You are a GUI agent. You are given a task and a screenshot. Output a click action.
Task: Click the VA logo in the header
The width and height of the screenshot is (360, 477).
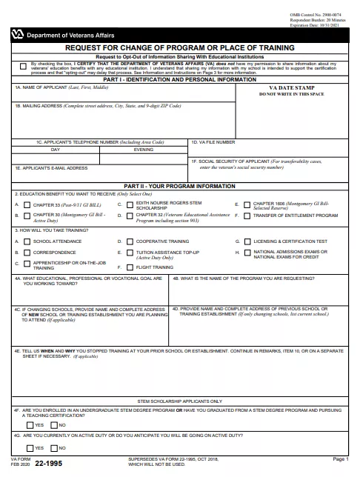17,35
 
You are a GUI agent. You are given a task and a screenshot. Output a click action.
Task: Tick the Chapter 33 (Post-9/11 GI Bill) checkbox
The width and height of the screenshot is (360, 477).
27,204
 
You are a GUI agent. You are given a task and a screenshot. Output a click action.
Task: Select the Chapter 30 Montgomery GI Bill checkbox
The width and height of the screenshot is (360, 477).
27,216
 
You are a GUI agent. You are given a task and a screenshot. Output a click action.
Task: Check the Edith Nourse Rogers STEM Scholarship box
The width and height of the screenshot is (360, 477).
129,204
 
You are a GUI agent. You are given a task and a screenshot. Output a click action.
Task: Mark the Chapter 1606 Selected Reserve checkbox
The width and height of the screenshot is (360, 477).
246,204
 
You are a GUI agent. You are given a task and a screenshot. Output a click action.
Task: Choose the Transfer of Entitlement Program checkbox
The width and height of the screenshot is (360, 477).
246,216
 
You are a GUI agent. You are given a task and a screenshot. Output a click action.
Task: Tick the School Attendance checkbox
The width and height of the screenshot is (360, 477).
27,241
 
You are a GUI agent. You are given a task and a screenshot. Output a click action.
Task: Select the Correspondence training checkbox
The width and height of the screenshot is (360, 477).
27,252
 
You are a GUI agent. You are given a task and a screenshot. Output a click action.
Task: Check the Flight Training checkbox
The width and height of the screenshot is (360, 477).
129,267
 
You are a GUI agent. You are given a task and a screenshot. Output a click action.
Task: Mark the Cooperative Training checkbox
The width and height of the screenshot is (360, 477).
129,241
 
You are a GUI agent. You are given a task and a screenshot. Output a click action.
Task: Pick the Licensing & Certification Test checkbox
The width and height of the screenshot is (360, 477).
246,241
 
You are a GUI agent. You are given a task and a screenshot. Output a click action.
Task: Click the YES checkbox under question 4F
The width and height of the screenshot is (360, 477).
30,425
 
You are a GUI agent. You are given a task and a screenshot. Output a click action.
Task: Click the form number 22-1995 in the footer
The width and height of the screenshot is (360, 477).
44,464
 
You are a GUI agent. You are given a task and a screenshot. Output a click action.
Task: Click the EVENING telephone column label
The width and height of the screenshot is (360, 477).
144,149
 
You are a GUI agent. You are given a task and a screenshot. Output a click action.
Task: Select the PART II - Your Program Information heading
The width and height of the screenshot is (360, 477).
179,186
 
